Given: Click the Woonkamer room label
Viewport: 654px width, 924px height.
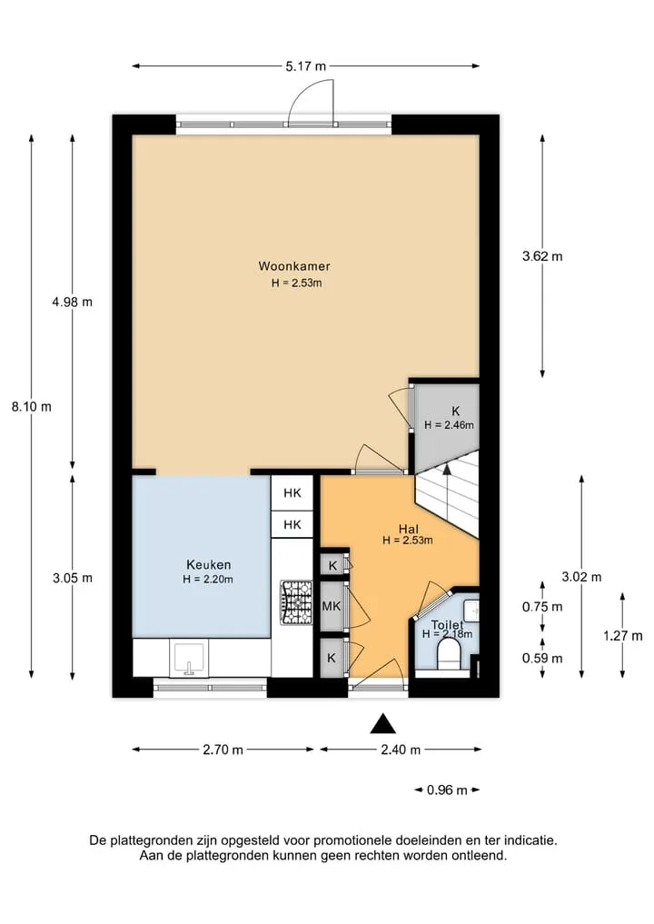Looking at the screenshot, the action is click(x=294, y=266).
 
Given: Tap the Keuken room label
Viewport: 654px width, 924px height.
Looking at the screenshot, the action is click(x=209, y=564).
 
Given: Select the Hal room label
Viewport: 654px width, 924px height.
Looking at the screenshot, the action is click(x=409, y=529).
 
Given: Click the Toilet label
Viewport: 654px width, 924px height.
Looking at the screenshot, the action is click(x=447, y=625).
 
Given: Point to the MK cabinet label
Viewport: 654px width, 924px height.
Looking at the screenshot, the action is click(x=332, y=605).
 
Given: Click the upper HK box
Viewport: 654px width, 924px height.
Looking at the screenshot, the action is click(x=292, y=493).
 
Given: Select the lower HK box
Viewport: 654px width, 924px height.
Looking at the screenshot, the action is click(x=292, y=524).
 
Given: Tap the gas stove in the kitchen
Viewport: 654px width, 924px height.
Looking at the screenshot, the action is click(x=296, y=602).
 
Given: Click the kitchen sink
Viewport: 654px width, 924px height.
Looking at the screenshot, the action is click(x=189, y=659).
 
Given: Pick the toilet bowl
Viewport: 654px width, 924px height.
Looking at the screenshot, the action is click(x=449, y=655).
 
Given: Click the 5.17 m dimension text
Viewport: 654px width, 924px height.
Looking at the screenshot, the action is click(x=306, y=66).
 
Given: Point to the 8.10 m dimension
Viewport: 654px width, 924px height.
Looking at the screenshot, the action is click(x=31, y=406).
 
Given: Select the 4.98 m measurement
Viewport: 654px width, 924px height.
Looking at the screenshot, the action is click(x=73, y=302).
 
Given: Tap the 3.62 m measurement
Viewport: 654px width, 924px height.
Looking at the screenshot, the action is click(x=542, y=255).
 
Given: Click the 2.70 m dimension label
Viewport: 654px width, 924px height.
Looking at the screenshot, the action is click(x=223, y=750).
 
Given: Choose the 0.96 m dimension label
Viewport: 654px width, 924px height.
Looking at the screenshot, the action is click(x=447, y=790).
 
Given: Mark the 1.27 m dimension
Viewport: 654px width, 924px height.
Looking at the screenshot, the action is click(x=623, y=635).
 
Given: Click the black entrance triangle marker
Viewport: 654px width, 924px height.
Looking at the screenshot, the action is click(x=383, y=723).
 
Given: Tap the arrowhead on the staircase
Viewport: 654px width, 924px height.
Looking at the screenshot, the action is click(x=447, y=469).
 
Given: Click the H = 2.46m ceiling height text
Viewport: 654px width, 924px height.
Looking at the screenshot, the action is click(x=449, y=425).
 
